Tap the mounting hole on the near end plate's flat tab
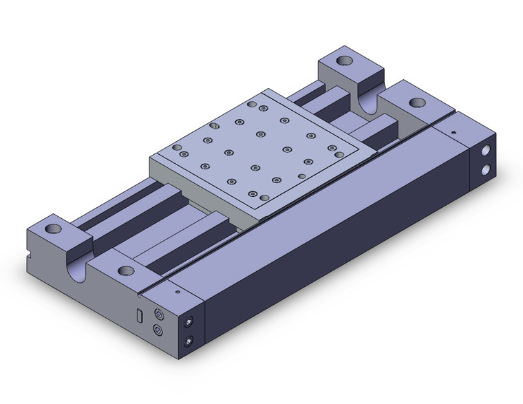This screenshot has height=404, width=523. click(125, 270)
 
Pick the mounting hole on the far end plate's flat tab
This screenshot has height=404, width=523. click(416, 103)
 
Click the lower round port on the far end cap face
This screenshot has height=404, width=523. click(487, 169)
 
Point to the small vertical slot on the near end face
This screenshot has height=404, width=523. click(138, 316)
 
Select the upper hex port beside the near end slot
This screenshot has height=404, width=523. click(160, 315)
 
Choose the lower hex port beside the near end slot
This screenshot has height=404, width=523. click(160, 331)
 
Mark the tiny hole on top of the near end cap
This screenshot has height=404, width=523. click(178, 292)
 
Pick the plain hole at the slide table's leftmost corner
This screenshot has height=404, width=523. click(178, 147)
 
